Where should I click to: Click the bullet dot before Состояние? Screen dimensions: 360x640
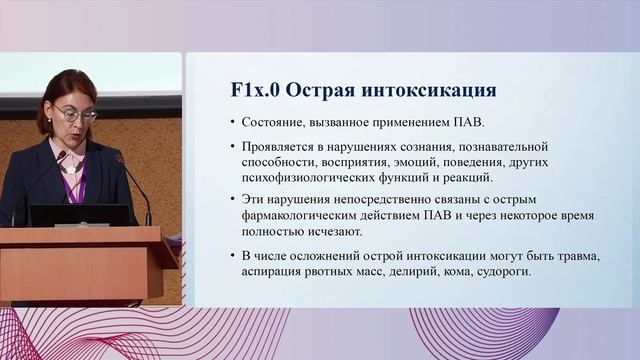(x=232, y=123)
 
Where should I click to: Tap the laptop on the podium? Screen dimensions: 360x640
(x=80, y=215)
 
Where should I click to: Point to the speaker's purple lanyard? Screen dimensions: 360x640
(x=76, y=180)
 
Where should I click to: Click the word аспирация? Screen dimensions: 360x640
(x=275, y=272)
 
